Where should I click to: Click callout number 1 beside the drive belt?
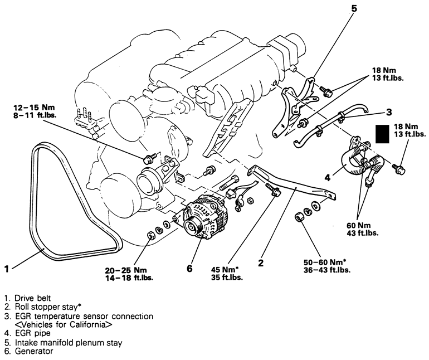[6, 269]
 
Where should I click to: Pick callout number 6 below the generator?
[190, 269]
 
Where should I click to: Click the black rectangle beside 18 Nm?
[383, 134]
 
